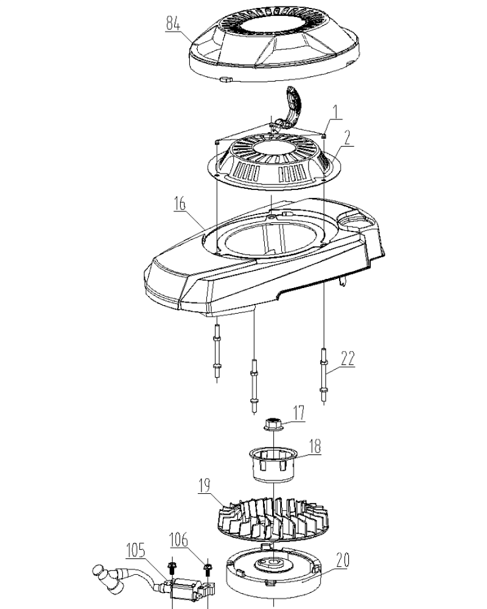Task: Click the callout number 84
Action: point(173,23)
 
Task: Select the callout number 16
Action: point(180,203)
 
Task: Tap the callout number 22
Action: point(347,358)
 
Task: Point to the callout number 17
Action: point(298,413)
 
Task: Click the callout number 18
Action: point(315,446)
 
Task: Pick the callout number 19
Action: point(205,485)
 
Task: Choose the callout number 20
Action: point(343,560)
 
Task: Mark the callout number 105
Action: point(136,551)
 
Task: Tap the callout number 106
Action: point(178,540)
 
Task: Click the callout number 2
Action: point(347,138)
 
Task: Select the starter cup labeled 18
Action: point(273,464)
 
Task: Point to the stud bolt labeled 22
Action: point(323,376)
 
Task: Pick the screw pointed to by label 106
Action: point(208,572)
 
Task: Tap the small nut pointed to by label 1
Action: point(324,135)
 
